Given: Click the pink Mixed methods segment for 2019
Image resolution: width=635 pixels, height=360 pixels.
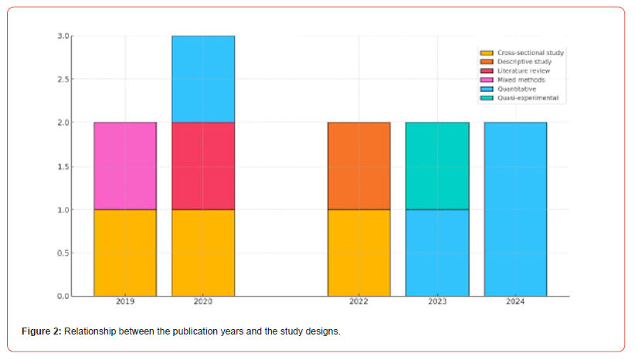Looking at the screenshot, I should (x=125, y=165).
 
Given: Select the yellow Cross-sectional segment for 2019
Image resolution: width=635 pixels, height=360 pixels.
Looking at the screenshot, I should (x=125, y=253).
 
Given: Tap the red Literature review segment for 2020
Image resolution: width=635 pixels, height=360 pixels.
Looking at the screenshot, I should (x=203, y=165).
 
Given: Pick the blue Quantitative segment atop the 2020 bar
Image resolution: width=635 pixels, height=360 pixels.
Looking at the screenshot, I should (x=203, y=79).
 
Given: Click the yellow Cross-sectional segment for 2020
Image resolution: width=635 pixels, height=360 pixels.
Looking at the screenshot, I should (x=203, y=253).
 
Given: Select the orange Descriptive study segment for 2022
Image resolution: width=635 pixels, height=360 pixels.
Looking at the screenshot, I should (x=359, y=165).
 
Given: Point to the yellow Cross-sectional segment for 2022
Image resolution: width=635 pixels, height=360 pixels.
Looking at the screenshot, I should (x=359, y=253).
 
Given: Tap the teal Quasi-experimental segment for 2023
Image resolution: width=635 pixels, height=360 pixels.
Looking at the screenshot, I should (x=437, y=165).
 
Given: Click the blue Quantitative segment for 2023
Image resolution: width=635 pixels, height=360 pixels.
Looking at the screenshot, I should (x=437, y=253).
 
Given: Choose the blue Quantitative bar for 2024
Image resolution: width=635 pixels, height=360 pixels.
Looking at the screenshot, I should (x=515, y=209).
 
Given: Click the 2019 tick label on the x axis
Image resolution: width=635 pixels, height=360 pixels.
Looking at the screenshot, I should (x=125, y=302).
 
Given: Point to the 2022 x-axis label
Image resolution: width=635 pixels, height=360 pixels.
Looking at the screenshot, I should (x=359, y=302).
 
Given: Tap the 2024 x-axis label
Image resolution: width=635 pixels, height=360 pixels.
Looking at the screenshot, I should (x=515, y=302).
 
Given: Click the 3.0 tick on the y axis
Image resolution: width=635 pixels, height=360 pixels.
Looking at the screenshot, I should (x=63, y=36).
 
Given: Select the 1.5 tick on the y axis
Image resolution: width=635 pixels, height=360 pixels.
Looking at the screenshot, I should (x=63, y=166).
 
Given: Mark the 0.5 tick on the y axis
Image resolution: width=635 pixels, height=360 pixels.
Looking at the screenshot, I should (x=63, y=253).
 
